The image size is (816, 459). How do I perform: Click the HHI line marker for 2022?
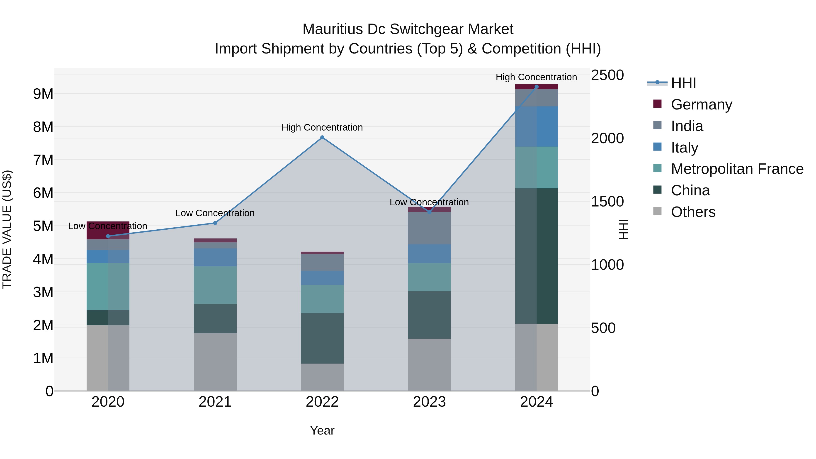[322, 138]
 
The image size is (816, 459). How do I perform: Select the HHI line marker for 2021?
[215, 223]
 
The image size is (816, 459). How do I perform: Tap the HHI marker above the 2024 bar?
[536, 87]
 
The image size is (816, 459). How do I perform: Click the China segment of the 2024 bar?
[536, 256]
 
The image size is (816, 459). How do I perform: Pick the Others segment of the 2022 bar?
[322, 377]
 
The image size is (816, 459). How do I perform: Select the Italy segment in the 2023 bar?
[429, 254]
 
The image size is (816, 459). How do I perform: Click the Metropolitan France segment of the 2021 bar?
[215, 285]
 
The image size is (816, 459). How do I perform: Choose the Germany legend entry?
[701, 104]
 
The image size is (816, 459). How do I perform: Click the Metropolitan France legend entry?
[737, 169]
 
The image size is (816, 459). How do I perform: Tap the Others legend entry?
[693, 212]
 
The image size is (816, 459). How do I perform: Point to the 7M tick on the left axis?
[43, 160]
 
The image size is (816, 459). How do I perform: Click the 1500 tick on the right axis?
[607, 202]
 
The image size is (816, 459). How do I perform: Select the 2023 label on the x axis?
[429, 402]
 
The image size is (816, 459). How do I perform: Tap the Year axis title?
[322, 430]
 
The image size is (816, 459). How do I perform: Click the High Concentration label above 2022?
[322, 127]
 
